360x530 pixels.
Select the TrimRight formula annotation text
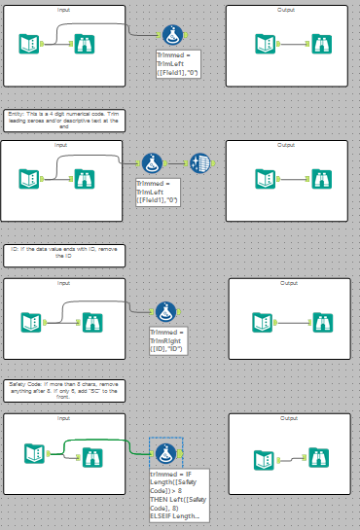pos(166,341)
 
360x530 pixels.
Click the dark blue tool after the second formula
pos(200,163)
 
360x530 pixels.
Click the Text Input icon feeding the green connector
pos(33,451)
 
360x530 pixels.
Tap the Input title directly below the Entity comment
pos(63,145)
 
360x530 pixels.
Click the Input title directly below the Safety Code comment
pos(63,418)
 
